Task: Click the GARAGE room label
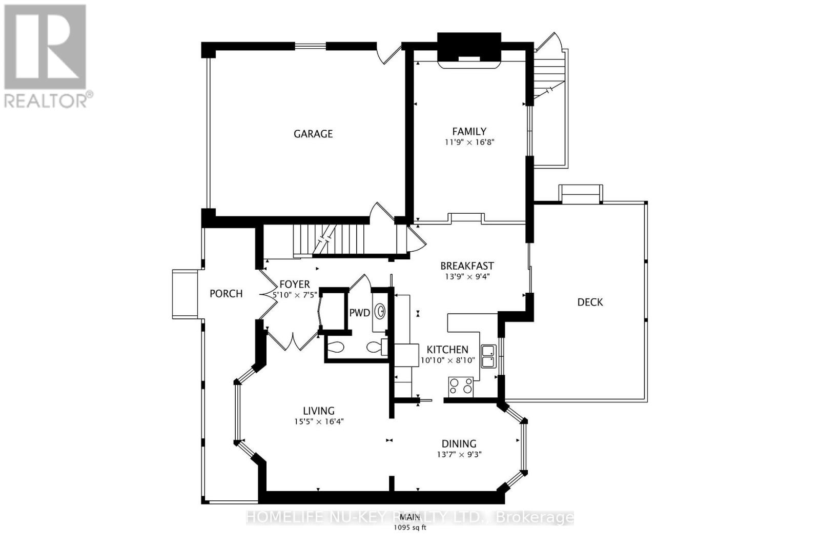tap(313, 134)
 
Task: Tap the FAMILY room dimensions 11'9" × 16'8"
tap(469, 143)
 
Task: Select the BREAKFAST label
tap(467, 266)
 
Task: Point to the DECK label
tap(590, 302)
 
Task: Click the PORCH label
tap(226, 294)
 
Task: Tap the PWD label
tap(359, 313)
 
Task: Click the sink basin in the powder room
tap(381, 311)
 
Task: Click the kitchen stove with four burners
tap(461, 386)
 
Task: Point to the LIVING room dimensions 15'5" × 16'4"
tap(318, 422)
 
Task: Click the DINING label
tap(459, 444)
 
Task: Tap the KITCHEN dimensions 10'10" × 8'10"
tap(447, 361)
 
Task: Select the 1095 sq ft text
tap(409, 527)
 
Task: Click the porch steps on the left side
tap(185, 294)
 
